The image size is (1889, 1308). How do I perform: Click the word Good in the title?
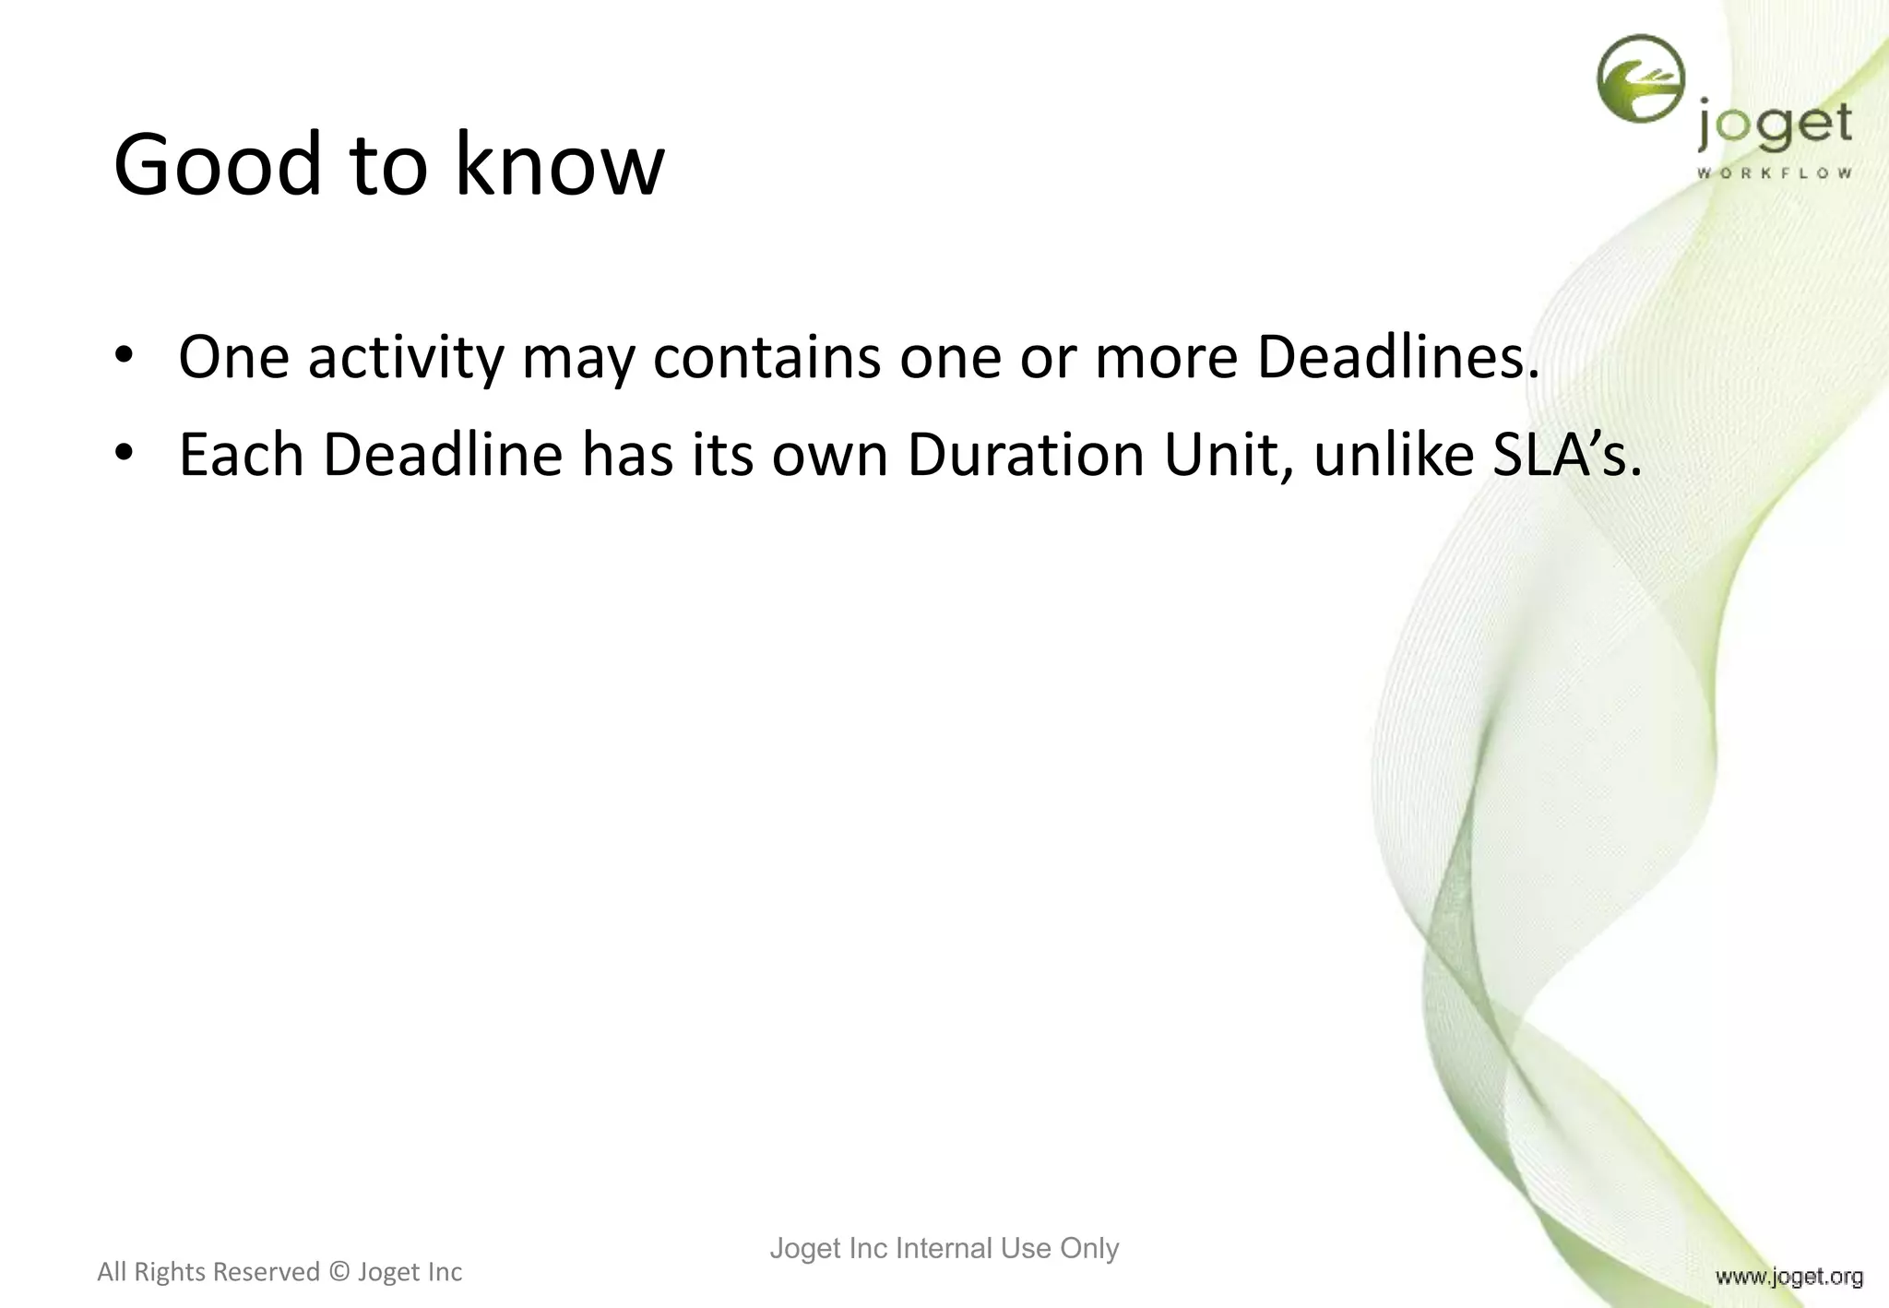tap(217, 164)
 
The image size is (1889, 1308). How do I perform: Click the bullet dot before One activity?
tap(125, 356)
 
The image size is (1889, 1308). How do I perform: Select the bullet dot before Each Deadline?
tap(125, 454)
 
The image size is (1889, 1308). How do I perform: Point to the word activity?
tap(406, 358)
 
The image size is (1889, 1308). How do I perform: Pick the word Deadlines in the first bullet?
tap(1397, 358)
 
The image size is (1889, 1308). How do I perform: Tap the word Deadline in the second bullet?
tap(443, 455)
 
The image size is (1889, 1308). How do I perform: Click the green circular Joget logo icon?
tap(1640, 78)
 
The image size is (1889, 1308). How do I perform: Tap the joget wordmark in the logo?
tap(1774, 127)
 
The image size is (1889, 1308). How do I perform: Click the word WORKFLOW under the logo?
tap(1774, 172)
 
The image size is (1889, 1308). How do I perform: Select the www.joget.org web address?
tap(1788, 1277)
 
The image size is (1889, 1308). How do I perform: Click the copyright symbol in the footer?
tap(339, 1272)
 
